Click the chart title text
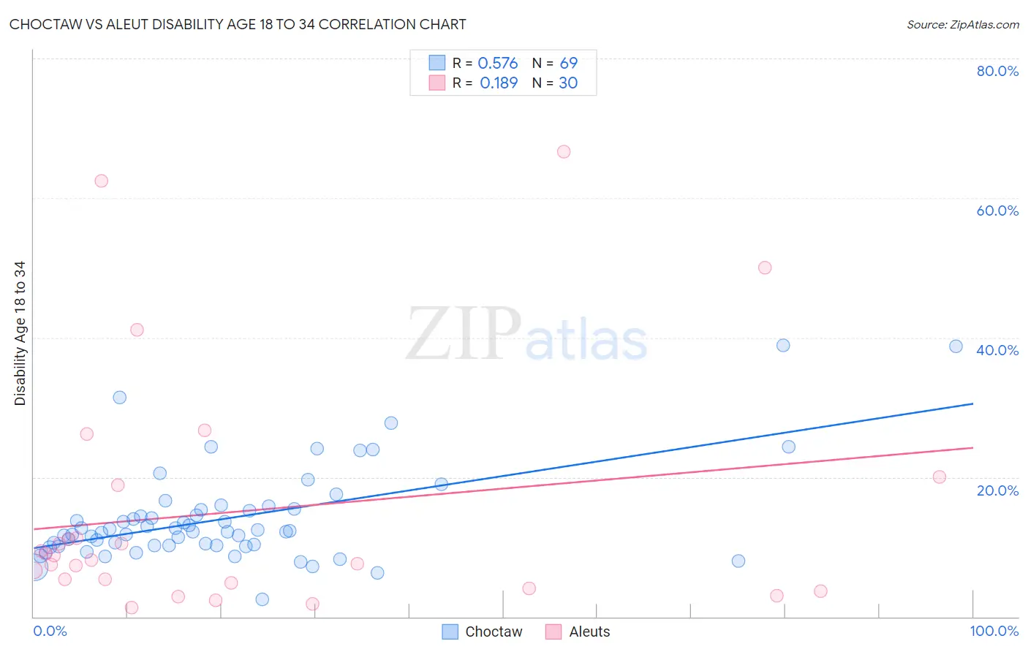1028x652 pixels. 238,24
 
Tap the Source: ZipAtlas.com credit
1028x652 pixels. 962,24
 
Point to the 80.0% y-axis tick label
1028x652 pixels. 997,71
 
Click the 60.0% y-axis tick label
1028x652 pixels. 997,211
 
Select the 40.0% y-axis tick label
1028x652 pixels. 997,350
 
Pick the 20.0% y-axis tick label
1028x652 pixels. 997,490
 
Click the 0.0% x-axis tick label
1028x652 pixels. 50,631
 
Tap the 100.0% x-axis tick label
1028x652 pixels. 994,631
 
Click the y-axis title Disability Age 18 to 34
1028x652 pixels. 20,333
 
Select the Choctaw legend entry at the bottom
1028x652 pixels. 483,632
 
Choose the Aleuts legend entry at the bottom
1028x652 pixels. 578,632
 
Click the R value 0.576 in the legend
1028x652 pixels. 497,64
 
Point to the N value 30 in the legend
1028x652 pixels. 568,83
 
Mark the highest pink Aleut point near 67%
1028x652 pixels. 564,152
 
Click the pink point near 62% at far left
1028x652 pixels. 102,181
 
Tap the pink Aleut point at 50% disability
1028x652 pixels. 765,268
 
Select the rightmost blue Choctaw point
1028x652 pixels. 956,346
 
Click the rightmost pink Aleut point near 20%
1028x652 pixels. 940,477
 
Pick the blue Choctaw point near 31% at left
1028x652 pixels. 120,398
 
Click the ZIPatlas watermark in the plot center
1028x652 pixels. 526,334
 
